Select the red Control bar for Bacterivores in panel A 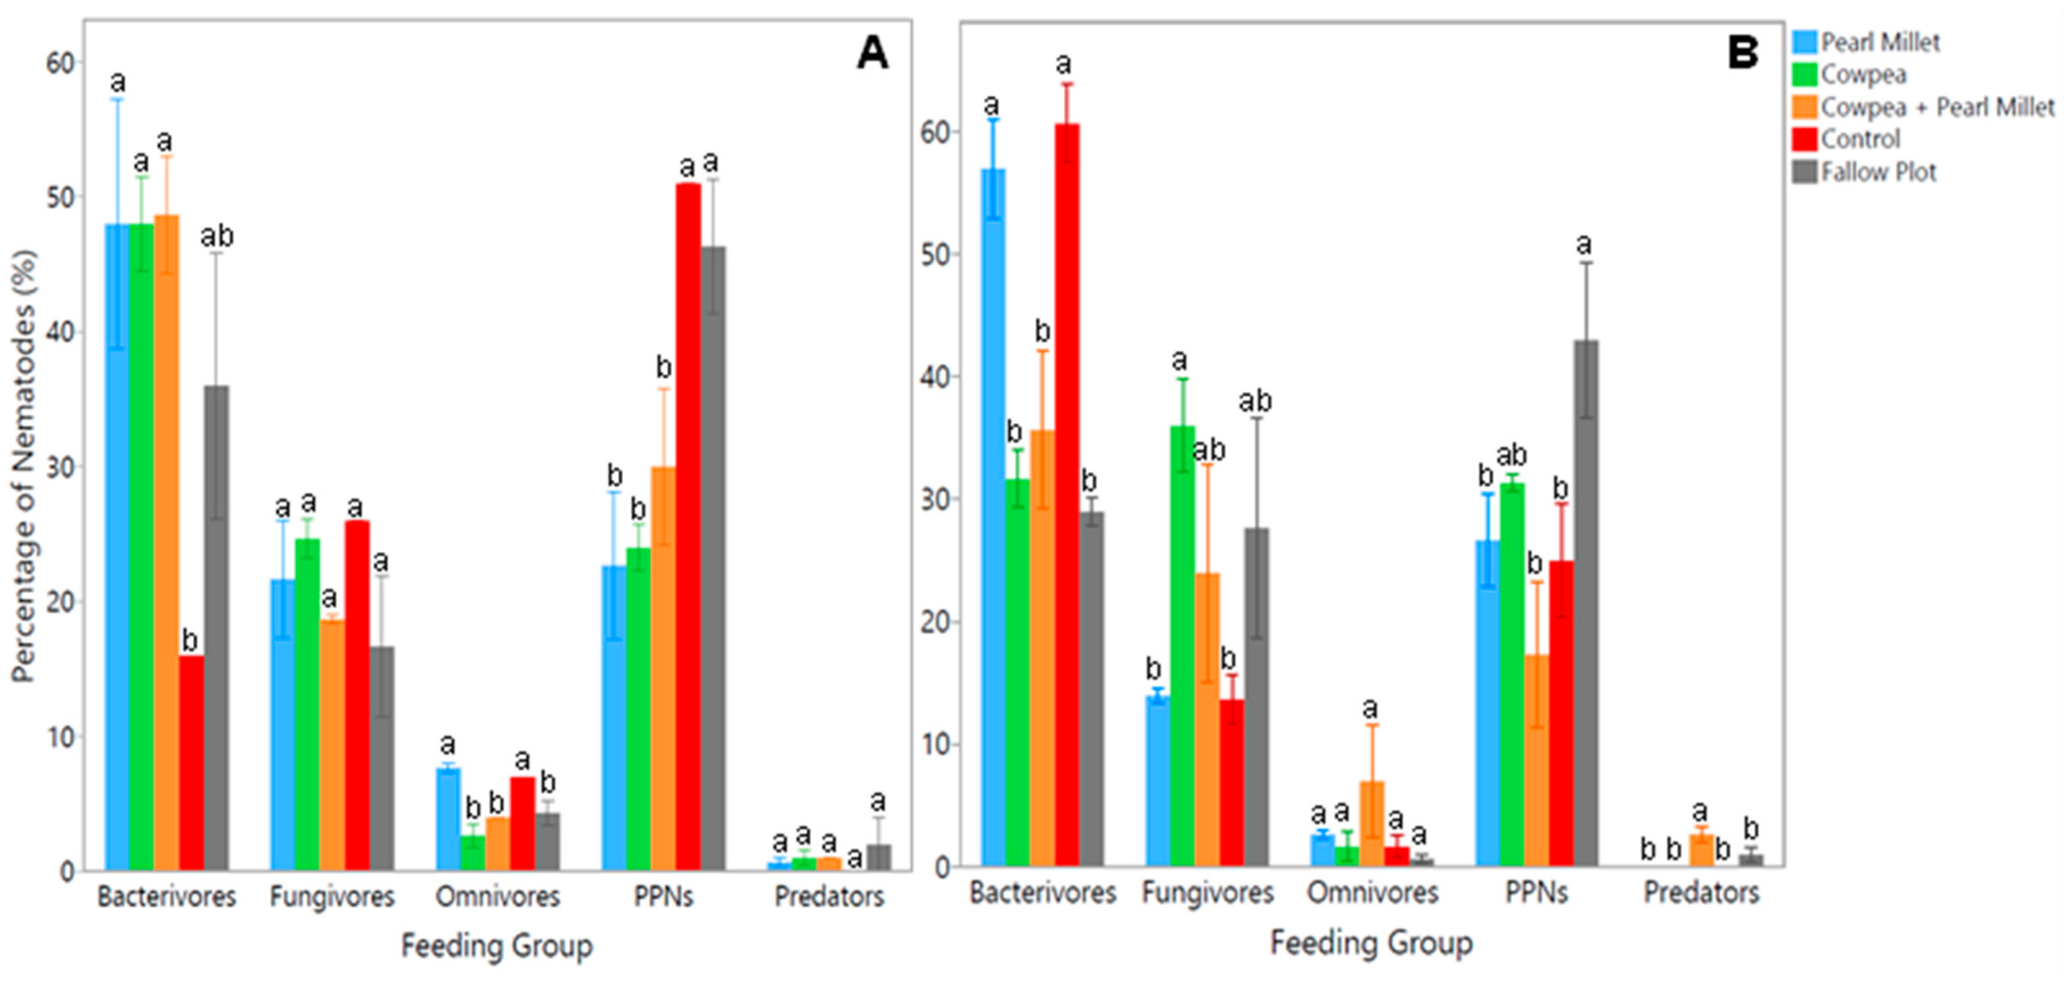click(191, 763)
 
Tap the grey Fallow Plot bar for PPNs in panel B click(1586, 602)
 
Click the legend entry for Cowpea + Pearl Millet click(1937, 107)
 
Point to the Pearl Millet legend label click(1880, 42)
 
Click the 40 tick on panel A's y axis click(61, 333)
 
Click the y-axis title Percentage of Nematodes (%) click(24, 466)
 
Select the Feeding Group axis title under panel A click(497, 945)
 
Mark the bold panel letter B click(1742, 53)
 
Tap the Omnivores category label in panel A click(497, 896)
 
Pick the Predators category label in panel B click(1701, 892)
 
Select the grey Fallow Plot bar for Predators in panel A click(879, 857)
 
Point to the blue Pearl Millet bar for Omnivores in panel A click(448, 819)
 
